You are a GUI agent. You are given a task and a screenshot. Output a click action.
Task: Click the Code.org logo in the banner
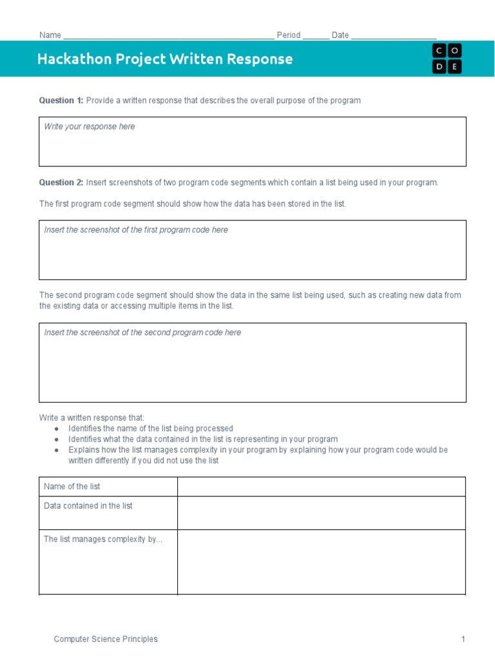(x=447, y=59)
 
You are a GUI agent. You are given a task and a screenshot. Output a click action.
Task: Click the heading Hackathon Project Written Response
(x=165, y=59)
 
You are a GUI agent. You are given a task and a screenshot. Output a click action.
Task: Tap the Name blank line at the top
(x=169, y=36)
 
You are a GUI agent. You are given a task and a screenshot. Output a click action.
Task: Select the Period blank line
(x=315, y=36)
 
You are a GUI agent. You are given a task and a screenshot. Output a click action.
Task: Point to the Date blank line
(x=394, y=36)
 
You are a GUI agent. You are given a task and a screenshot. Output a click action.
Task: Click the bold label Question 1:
(x=61, y=101)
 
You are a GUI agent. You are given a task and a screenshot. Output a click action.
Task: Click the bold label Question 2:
(x=61, y=182)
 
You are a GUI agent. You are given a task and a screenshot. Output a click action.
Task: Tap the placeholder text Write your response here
(x=90, y=127)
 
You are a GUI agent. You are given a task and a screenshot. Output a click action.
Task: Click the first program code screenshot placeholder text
(x=136, y=230)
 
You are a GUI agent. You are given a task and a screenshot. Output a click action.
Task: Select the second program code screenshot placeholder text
(x=142, y=333)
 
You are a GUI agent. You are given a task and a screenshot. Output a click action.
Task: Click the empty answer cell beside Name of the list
(x=321, y=487)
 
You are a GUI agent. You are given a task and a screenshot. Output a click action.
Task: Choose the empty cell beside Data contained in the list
(x=321, y=513)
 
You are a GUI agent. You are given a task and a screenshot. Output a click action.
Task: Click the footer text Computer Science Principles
(x=106, y=639)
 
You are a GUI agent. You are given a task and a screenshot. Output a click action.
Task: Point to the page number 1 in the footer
(x=463, y=639)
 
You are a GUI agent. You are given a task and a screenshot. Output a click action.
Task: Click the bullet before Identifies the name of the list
(x=57, y=429)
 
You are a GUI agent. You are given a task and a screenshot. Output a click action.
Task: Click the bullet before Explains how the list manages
(x=57, y=450)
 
